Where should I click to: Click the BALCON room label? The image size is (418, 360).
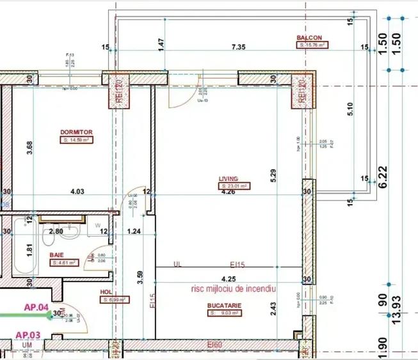point(309,38)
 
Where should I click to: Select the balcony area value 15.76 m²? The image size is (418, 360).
point(312,45)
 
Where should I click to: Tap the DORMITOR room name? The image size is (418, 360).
point(77,132)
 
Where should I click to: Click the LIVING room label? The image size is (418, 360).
point(229,179)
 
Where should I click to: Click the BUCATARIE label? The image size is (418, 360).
point(224,306)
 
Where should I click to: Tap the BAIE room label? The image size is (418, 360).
point(57,254)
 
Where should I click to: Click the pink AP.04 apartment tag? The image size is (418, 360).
point(37,306)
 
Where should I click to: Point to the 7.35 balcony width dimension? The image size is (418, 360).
point(239,47)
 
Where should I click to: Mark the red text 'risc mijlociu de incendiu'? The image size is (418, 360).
point(233,289)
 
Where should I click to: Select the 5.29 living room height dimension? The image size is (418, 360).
point(274,172)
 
